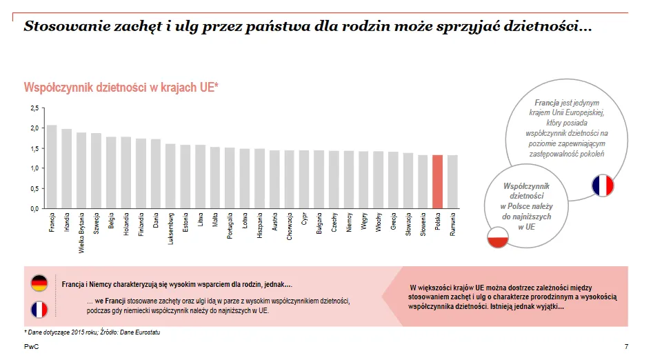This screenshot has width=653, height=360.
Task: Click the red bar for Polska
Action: (437, 181)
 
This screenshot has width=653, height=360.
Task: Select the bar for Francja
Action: (52, 166)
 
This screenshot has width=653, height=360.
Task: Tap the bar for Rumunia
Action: (452, 181)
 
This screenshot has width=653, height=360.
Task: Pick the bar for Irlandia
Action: (67, 168)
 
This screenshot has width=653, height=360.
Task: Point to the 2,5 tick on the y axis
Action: (34, 108)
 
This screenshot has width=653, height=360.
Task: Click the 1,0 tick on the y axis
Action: (34, 168)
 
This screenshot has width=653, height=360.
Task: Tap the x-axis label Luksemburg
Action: (171, 228)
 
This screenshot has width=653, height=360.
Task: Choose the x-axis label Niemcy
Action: (349, 223)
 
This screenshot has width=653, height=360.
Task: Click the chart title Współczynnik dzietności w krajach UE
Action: (121, 87)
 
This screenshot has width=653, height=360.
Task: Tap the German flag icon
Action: (39, 283)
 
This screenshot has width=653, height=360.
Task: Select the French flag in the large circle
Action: (602, 186)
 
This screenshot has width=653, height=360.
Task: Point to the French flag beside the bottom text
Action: (39, 309)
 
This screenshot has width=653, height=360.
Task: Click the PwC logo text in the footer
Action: (31, 346)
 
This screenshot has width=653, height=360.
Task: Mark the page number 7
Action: (626, 346)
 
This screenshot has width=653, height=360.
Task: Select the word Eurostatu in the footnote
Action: (146, 333)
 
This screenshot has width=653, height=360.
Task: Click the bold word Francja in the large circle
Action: (547, 103)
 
